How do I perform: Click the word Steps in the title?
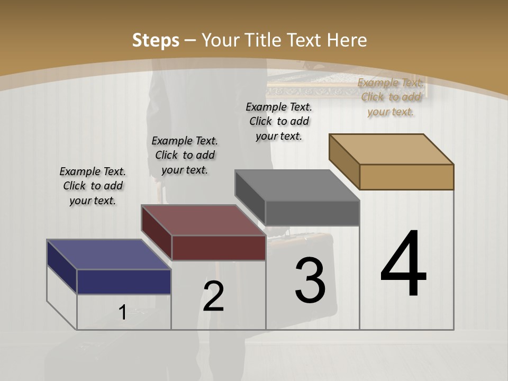click(x=156, y=40)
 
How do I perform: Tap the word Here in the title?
click(x=347, y=40)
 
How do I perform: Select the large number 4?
click(x=403, y=265)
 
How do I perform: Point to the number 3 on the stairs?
click(x=310, y=280)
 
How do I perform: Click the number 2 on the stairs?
click(x=213, y=296)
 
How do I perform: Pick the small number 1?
click(x=122, y=313)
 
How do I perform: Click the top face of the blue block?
click(x=108, y=255)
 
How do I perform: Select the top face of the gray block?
click(x=297, y=185)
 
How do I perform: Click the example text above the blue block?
click(x=93, y=186)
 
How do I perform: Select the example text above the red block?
click(x=185, y=155)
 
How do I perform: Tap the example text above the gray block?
click(x=279, y=121)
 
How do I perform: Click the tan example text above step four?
click(x=391, y=97)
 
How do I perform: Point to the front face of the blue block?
click(x=124, y=282)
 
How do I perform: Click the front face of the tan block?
click(x=406, y=177)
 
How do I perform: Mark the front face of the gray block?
click(x=312, y=213)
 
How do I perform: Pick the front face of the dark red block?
click(x=219, y=248)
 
